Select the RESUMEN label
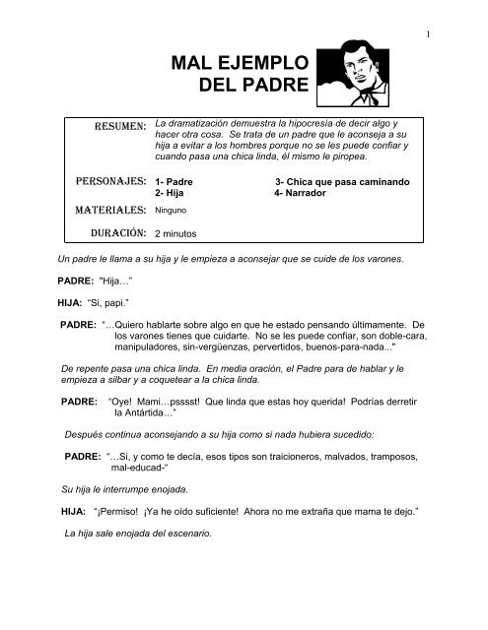point(118,126)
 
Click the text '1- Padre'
point(173,183)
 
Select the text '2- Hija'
point(169,194)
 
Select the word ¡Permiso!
point(119,513)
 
